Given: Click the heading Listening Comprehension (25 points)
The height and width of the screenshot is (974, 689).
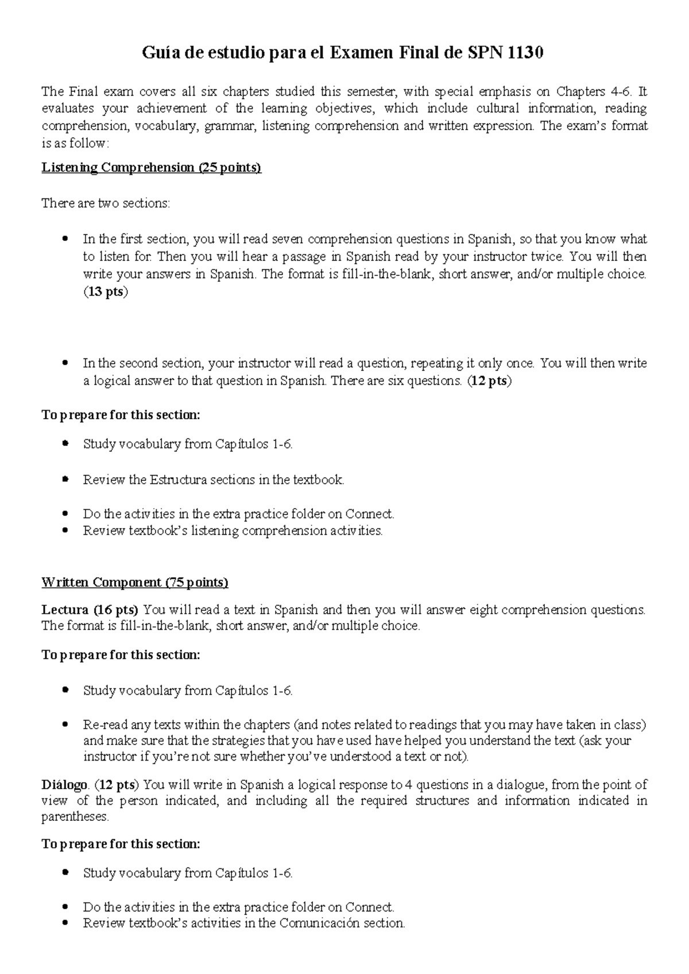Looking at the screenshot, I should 152,167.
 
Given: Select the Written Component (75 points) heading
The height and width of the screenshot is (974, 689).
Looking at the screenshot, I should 135,582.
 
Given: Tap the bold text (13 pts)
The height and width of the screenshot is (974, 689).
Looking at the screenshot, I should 106,291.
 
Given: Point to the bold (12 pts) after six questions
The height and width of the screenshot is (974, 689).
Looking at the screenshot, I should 489,381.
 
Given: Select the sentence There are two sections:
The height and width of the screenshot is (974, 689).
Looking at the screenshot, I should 106,203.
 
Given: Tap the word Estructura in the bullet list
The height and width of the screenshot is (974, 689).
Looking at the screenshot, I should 178,480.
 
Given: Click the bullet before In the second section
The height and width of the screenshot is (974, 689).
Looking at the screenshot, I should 67,363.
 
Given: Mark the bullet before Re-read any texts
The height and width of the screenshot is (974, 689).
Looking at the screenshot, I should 67,724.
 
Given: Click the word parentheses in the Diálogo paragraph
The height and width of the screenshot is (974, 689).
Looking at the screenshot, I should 75,816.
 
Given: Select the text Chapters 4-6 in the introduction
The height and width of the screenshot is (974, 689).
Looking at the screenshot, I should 594,92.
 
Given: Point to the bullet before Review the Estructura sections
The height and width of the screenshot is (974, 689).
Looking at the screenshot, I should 67,480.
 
